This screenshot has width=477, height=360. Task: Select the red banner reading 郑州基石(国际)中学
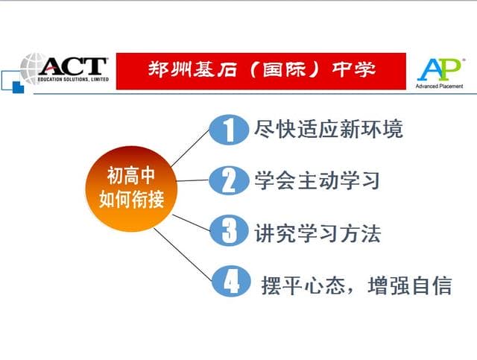click(x=261, y=71)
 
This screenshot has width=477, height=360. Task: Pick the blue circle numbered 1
click(x=229, y=130)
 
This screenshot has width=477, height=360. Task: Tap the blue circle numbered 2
click(x=230, y=180)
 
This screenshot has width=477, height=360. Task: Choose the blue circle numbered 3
click(x=230, y=231)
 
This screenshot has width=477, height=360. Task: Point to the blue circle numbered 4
click(x=231, y=281)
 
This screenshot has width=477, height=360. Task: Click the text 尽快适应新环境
click(x=329, y=130)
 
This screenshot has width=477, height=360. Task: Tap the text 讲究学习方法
click(x=318, y=233)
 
